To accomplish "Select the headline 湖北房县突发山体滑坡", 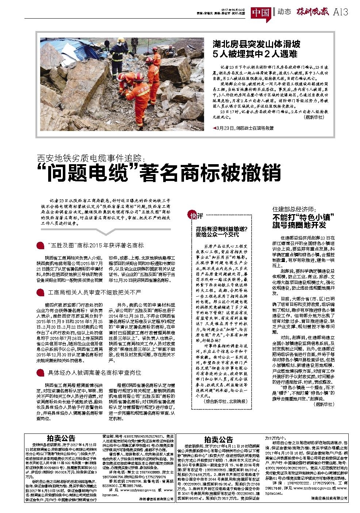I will coord(257,45).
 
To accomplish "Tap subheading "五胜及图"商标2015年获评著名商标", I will coord(96,245).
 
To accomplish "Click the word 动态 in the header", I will coord(284,12).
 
